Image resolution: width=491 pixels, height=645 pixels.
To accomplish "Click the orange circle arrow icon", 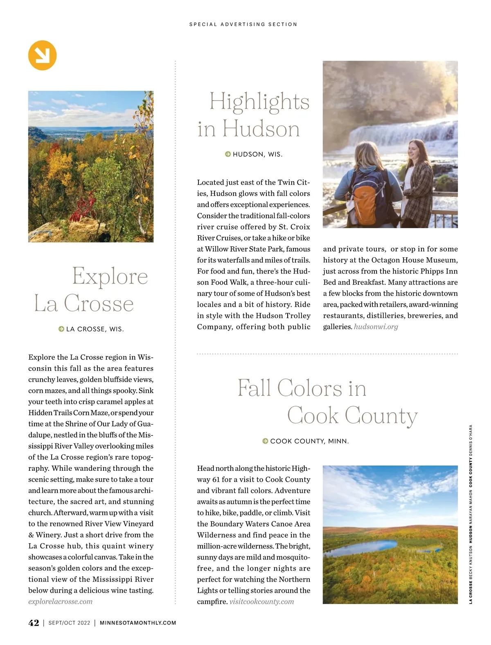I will [42, 55].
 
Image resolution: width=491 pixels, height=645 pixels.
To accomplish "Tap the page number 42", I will [34, 623].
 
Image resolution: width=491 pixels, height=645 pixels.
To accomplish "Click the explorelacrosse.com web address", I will [60, 601].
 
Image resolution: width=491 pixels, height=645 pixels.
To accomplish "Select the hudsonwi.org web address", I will [376, 326].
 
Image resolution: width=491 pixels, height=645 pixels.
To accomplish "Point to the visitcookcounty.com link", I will [261, 601].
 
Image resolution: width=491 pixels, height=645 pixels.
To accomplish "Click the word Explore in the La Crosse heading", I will [110, 276].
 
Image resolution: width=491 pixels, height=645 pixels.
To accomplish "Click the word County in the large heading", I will [381, 416].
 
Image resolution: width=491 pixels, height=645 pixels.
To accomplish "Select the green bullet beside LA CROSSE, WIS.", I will [61, 329].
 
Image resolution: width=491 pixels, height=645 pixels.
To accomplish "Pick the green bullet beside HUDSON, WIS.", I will [228, 154].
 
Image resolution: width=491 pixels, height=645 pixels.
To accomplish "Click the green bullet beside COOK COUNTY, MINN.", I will [265, 441].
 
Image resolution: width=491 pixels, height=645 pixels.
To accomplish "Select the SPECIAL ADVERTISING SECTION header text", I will [243, 25].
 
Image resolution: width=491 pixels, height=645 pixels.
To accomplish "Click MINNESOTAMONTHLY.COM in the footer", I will [138, 623].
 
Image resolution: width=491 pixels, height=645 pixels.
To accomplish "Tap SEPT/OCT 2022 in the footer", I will [69, 623].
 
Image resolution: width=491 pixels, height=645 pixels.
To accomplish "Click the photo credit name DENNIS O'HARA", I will [471, 440].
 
